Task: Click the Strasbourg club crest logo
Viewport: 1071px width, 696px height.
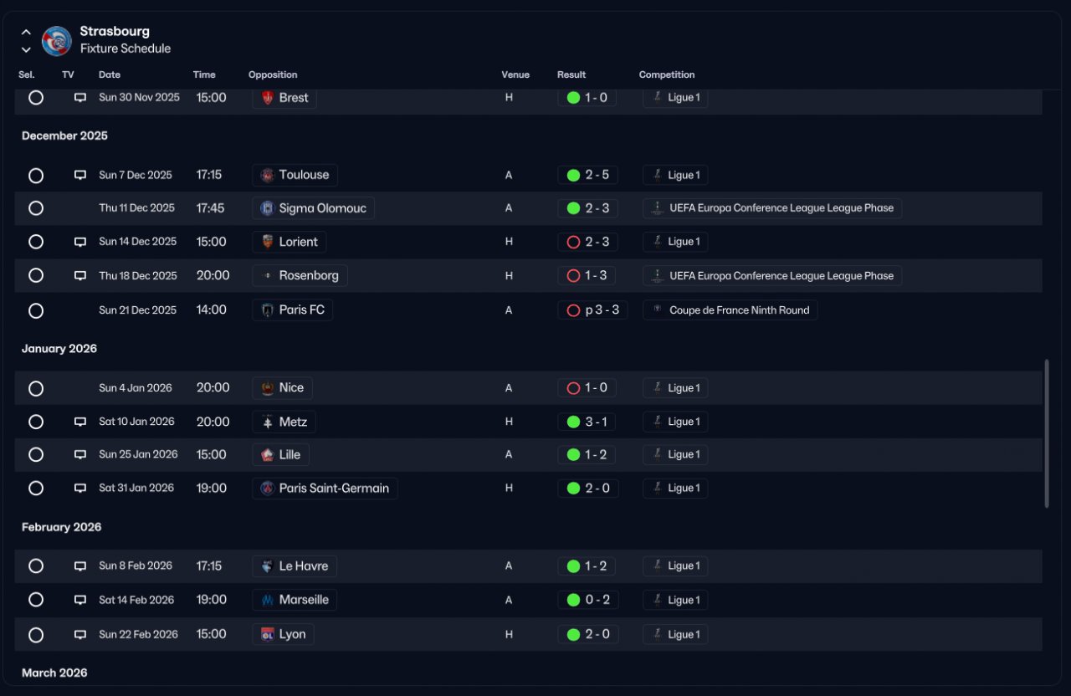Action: pyautogui.click(x=56, y=41)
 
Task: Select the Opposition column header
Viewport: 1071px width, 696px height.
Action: pyautogui.click(x=273, y=74)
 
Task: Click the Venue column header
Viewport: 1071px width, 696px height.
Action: pyautogui.click(x=515, y=74)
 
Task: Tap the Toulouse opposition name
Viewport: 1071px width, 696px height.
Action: pyautogui.click(x=304, y=175)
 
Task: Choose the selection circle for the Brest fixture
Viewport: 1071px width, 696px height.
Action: pyautogui.click(x=36, y=98)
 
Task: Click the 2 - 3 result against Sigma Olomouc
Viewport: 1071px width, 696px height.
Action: pyautogui.click(x=597, y=208)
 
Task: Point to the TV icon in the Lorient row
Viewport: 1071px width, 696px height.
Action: pyautogui.click(x=80, y=242)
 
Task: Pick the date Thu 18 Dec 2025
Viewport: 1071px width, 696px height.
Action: pyautogui.click(x=138, y=276)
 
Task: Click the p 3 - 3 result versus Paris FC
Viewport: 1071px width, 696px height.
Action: pyautogui.click(x=602, y=310)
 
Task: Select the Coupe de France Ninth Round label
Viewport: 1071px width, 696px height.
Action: pyautogui.click(x=739, y=310)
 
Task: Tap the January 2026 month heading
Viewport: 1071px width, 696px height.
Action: pyautogui.click(x=59, y=349)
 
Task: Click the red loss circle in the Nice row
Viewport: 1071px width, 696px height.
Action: pyautogui.click(x=573, y=388)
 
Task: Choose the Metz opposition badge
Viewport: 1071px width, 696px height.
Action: pyautogui.click(x=268, y=422)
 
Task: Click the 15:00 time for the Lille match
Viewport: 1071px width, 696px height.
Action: pyautogui.click(x=212, y=454)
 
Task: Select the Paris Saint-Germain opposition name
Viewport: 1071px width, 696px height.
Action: pyautogui.click(x=334, y=488)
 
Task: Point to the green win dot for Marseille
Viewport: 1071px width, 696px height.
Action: pyautogui.click(x=573, y=600)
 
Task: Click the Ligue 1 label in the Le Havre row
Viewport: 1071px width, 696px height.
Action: pyautogui.click(x=684, y=566)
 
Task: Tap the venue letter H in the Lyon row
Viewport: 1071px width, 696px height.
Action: pyautogui.click(x=509, y=634)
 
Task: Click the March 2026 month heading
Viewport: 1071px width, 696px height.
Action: pyautogui.click(x=54, y=673)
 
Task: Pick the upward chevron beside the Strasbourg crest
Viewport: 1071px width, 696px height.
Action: pyautogui.click(x=26, y=33)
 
